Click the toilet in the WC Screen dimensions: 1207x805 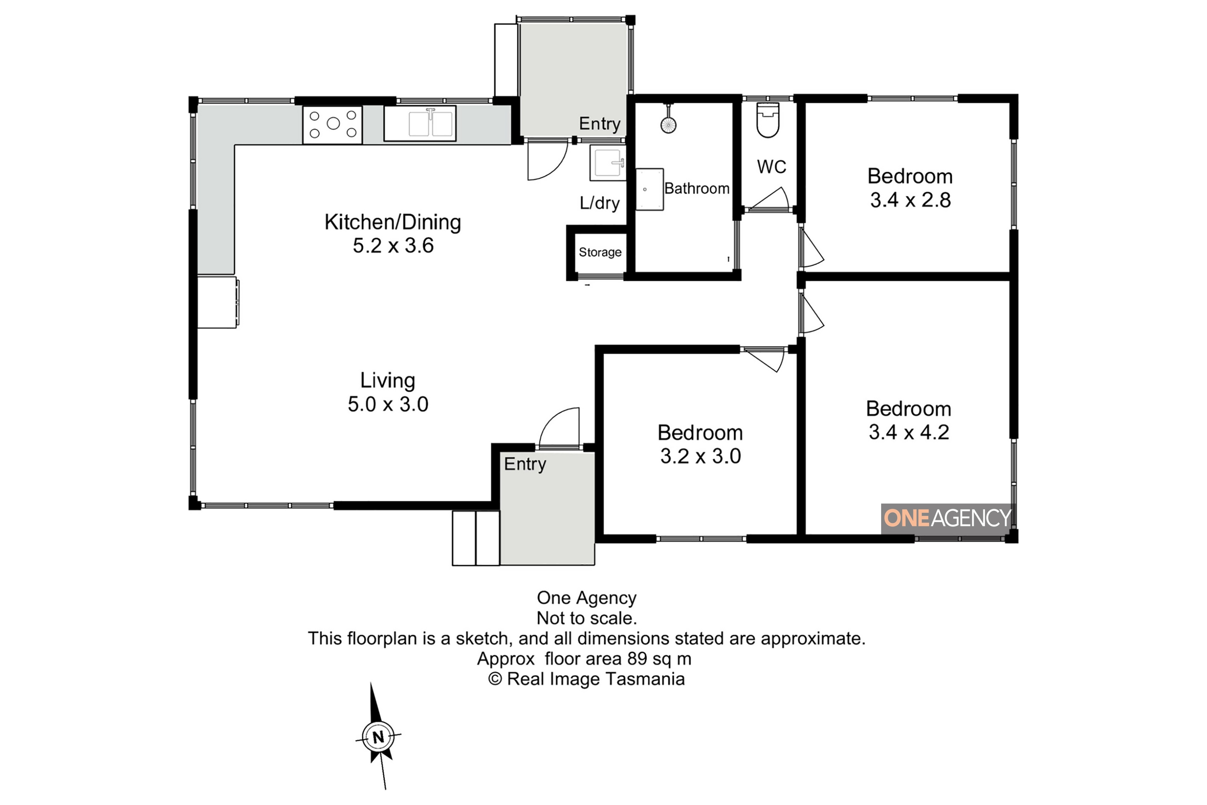tap(768, 120)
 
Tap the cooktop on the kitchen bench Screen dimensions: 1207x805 tap(333, 124)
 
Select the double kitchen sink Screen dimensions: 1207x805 tap(420, 123)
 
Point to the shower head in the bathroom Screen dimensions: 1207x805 tap(668, 124)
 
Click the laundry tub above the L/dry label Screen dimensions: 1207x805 tap(608, 163)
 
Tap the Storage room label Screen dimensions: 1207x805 tap(600, 252)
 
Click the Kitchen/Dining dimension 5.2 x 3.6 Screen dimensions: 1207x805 tap(393, 246)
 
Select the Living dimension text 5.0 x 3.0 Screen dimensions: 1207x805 tap(388, 405)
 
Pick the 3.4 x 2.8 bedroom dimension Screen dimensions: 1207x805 tap(910, 200)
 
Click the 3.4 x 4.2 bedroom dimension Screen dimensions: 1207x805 tap(909, 432)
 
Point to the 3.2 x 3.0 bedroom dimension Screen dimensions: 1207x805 tap(700, 456)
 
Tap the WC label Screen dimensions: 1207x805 tap(771, 167)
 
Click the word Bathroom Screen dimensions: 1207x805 tap(697, 188)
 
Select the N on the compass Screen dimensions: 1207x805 tap(378, 738)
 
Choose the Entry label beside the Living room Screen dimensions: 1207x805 tap(525, 464)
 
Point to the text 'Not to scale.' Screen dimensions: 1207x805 tap(587, 618)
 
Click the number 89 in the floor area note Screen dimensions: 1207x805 tap(637, 658)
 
